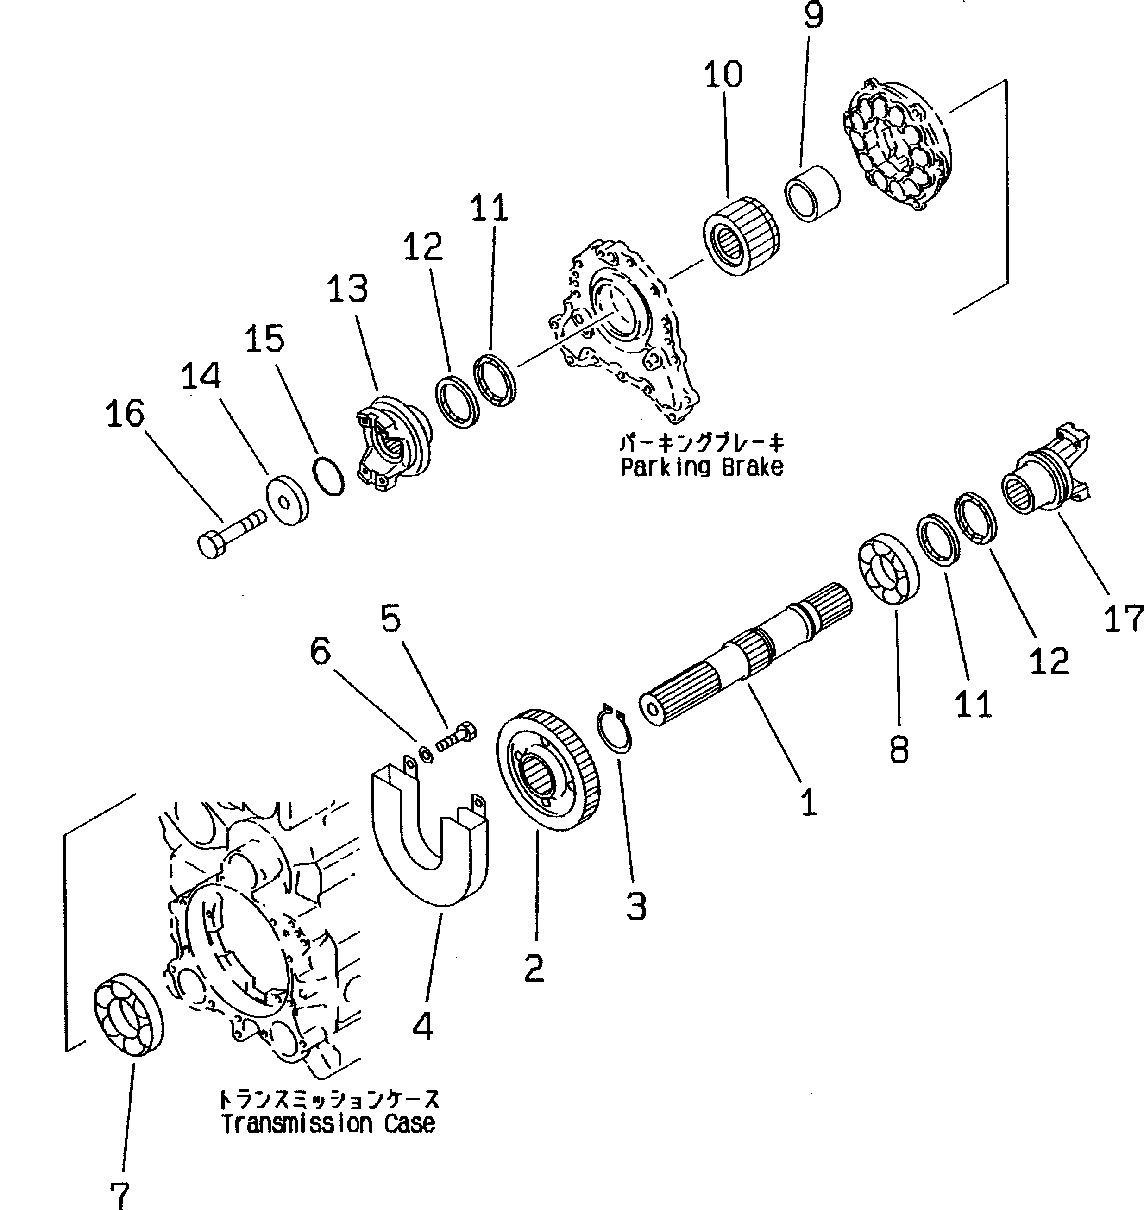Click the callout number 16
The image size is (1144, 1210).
click(125, 414)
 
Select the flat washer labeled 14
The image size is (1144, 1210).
click(287, 499)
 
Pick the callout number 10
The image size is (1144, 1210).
click(723, 75)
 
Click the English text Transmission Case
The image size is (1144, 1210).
click(328, 1123)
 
